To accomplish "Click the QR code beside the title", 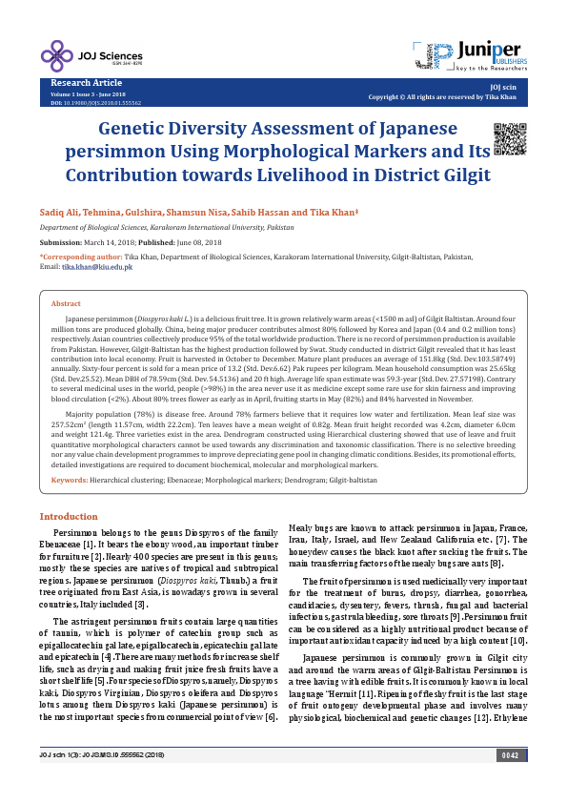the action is (508, 139).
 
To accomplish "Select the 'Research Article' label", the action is (82, 84).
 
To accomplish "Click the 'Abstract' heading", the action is (66, 302).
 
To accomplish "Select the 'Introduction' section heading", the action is (68, 516).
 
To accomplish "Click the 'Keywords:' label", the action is (69, 480).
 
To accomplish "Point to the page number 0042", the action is (511, 784).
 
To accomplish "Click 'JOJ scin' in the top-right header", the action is (514, 87).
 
